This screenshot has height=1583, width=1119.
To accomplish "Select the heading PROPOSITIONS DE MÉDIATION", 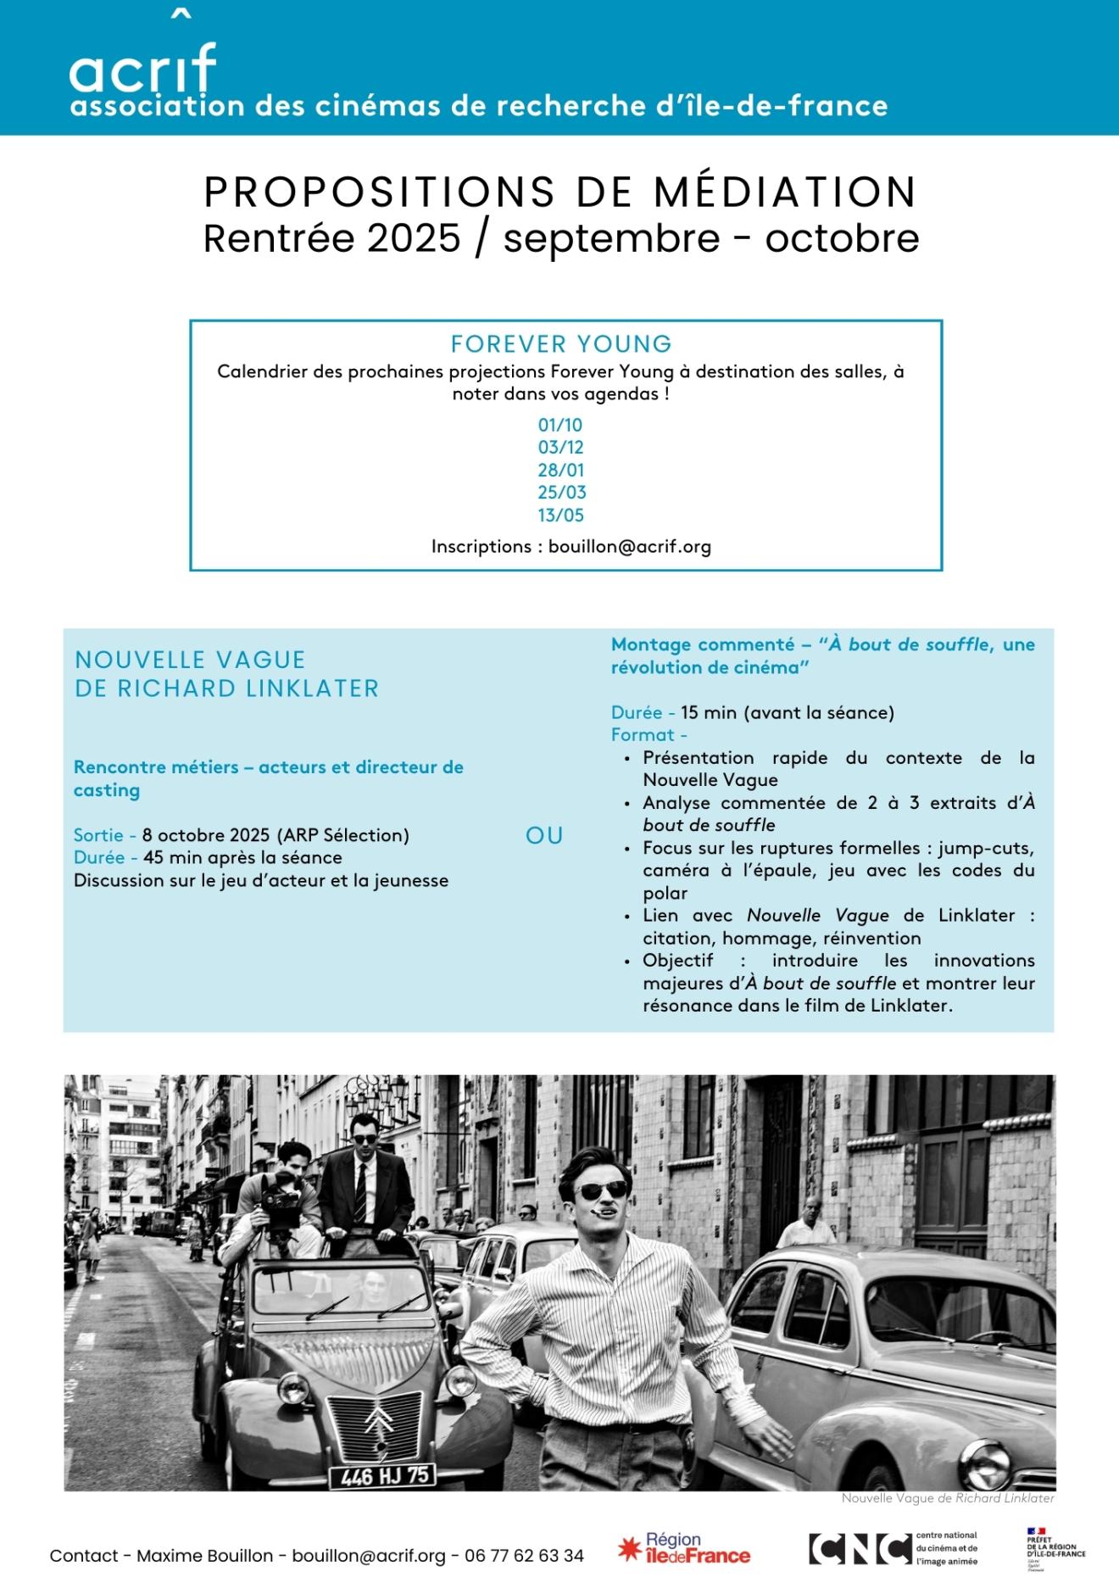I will click(x=560, y=192).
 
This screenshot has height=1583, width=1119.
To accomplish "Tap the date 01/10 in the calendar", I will click(x=560, y=425).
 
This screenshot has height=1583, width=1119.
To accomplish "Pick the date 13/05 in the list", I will click(x=560, y=515).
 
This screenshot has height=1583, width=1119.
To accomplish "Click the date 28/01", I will click(x=560, y=470).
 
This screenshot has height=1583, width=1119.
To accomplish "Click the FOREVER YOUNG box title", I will click(x=561, y=344).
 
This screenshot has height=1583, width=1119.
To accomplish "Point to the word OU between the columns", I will click(x=544, y=835).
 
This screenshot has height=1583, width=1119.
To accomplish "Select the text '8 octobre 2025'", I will click(x=206, y=835).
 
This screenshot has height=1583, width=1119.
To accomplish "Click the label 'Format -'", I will click(x=649, y=735).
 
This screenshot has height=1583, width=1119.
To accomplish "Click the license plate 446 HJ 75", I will click(x=382, y=1476).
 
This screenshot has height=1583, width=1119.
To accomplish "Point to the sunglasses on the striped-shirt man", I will click(x=603, y=1191).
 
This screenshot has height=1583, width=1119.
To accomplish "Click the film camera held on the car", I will click(x=281, y=1198).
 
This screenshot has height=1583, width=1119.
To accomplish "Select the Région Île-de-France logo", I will click(x=685, y=1548).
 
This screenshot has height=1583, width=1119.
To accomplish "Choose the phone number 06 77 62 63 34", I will click(x=524, y=1556).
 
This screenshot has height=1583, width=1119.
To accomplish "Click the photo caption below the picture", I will click(x=947, y=1498).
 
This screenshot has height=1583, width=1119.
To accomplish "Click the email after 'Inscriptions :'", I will click(x=629, y=546).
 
